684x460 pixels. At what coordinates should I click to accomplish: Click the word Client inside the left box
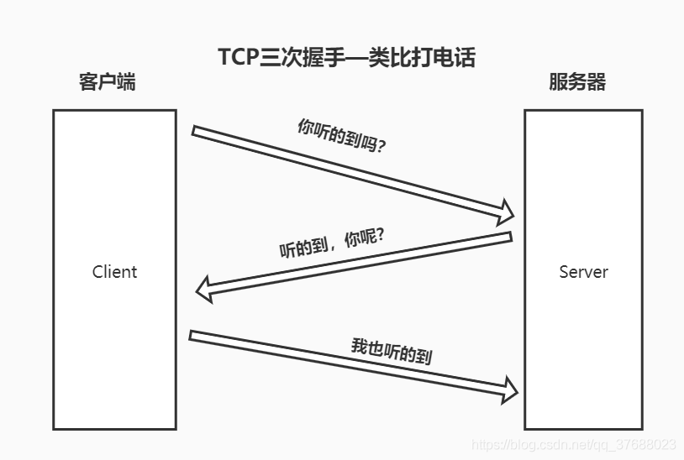114,272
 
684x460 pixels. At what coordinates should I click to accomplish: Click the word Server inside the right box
583,272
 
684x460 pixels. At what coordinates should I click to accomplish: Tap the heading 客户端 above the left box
107,82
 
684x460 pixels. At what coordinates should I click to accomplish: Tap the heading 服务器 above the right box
577,82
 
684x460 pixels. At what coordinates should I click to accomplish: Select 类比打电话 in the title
428,56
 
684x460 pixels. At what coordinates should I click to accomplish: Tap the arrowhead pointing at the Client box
203,290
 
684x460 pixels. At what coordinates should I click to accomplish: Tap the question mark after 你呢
380,234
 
